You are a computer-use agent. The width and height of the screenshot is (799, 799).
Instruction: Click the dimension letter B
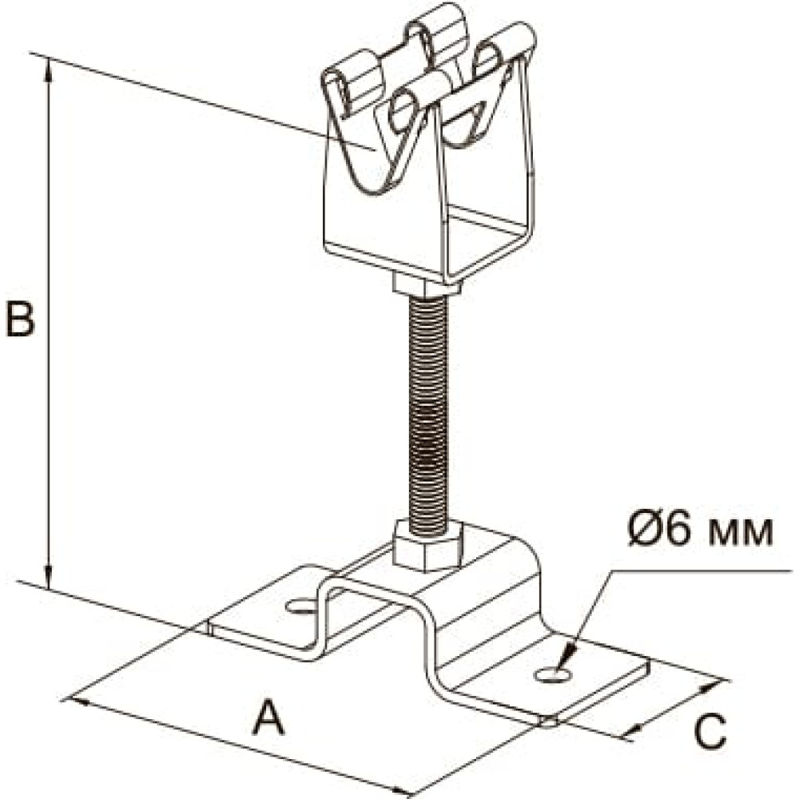tap(19, 320)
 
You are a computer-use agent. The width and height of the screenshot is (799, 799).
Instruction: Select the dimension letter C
tap(709, 729)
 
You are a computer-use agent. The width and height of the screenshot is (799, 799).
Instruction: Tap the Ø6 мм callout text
tap(700, 531)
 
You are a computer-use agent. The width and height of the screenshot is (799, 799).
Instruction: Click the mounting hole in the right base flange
tap(553, 676)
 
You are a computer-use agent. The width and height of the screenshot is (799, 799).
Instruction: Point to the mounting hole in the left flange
tap(302, 606)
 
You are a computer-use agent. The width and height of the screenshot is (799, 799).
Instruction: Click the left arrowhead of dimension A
tap(77, 701)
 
